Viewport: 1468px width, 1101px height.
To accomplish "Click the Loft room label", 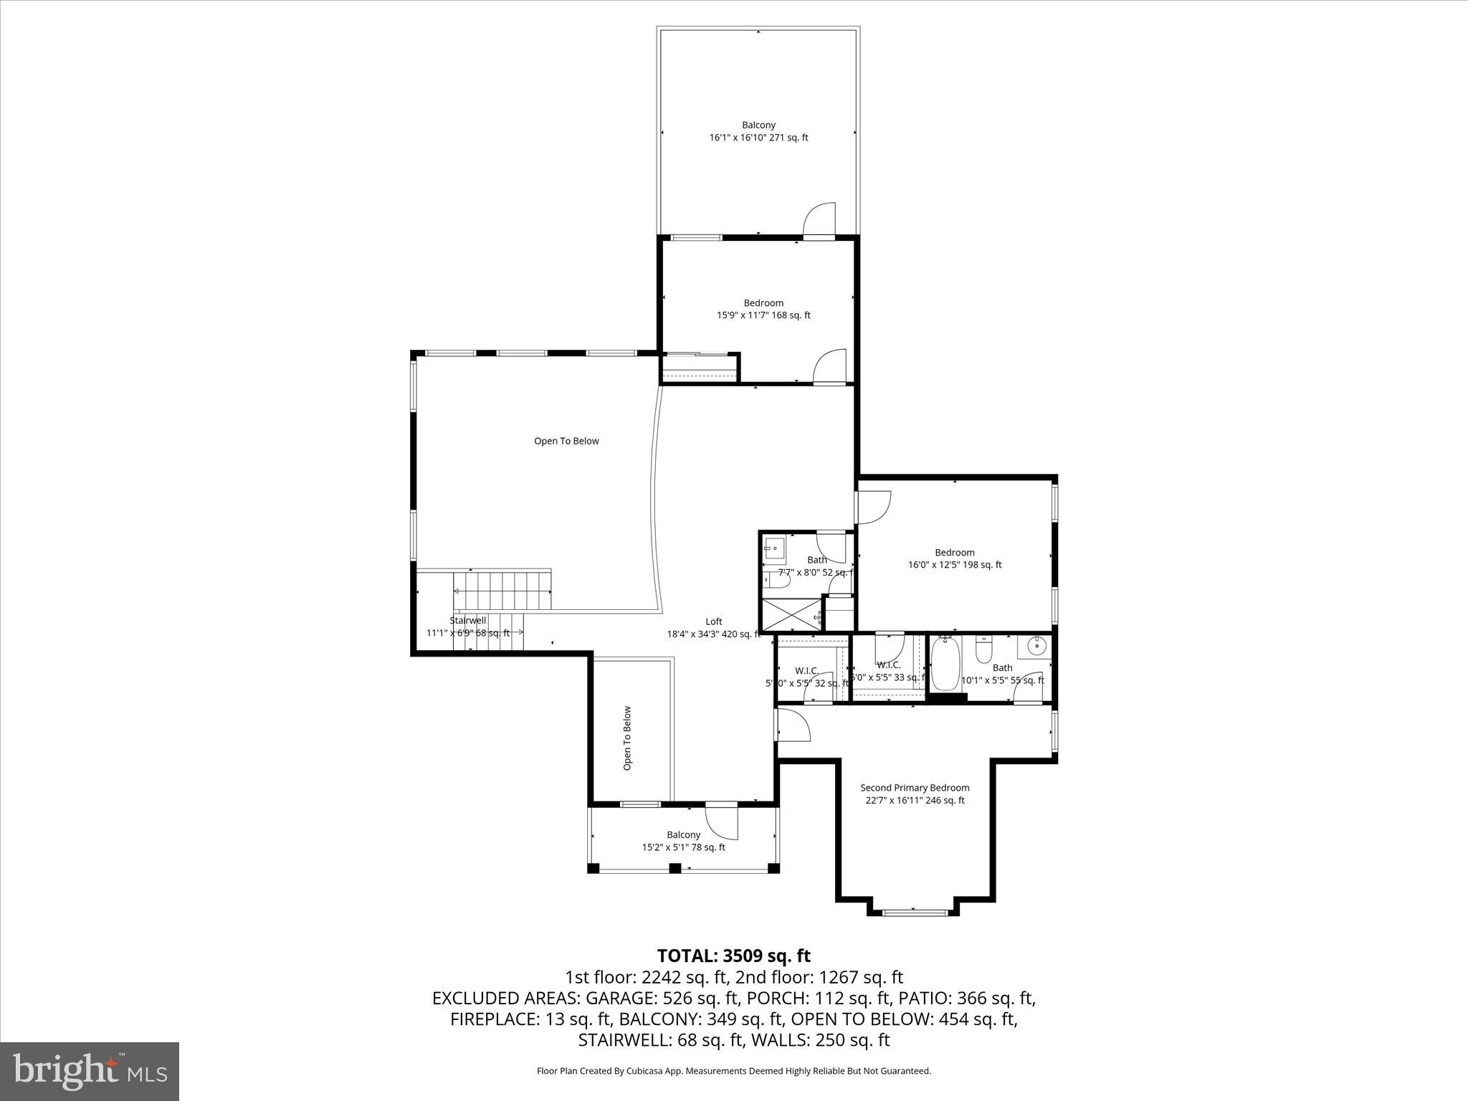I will [x=713, y=621].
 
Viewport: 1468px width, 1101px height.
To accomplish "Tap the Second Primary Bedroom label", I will [x=915, y=788].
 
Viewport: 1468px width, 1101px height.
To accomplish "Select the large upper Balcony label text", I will [x=758, y=125].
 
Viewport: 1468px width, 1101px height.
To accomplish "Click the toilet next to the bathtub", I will [x=984, y=650].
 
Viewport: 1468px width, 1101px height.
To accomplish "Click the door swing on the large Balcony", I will [x=820, y=221].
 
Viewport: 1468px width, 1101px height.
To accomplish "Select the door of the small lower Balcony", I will [x=721, y=821].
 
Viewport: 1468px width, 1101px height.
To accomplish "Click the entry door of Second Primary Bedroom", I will [x=793, y=725].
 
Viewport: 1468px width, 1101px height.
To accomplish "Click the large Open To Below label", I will [x=566, y=441].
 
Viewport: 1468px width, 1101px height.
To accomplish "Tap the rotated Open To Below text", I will [x=627, y=738].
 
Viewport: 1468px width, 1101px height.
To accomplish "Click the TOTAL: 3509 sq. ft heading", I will [x=733, y=956].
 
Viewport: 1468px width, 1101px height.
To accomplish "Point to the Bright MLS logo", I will [x=90, y=1071].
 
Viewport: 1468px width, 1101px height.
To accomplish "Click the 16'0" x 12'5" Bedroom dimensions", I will [x=955, y=565].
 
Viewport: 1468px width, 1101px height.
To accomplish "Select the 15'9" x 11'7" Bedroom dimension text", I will [x=763, y=315].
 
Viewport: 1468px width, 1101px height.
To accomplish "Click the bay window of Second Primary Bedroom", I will [x=913, y=912].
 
